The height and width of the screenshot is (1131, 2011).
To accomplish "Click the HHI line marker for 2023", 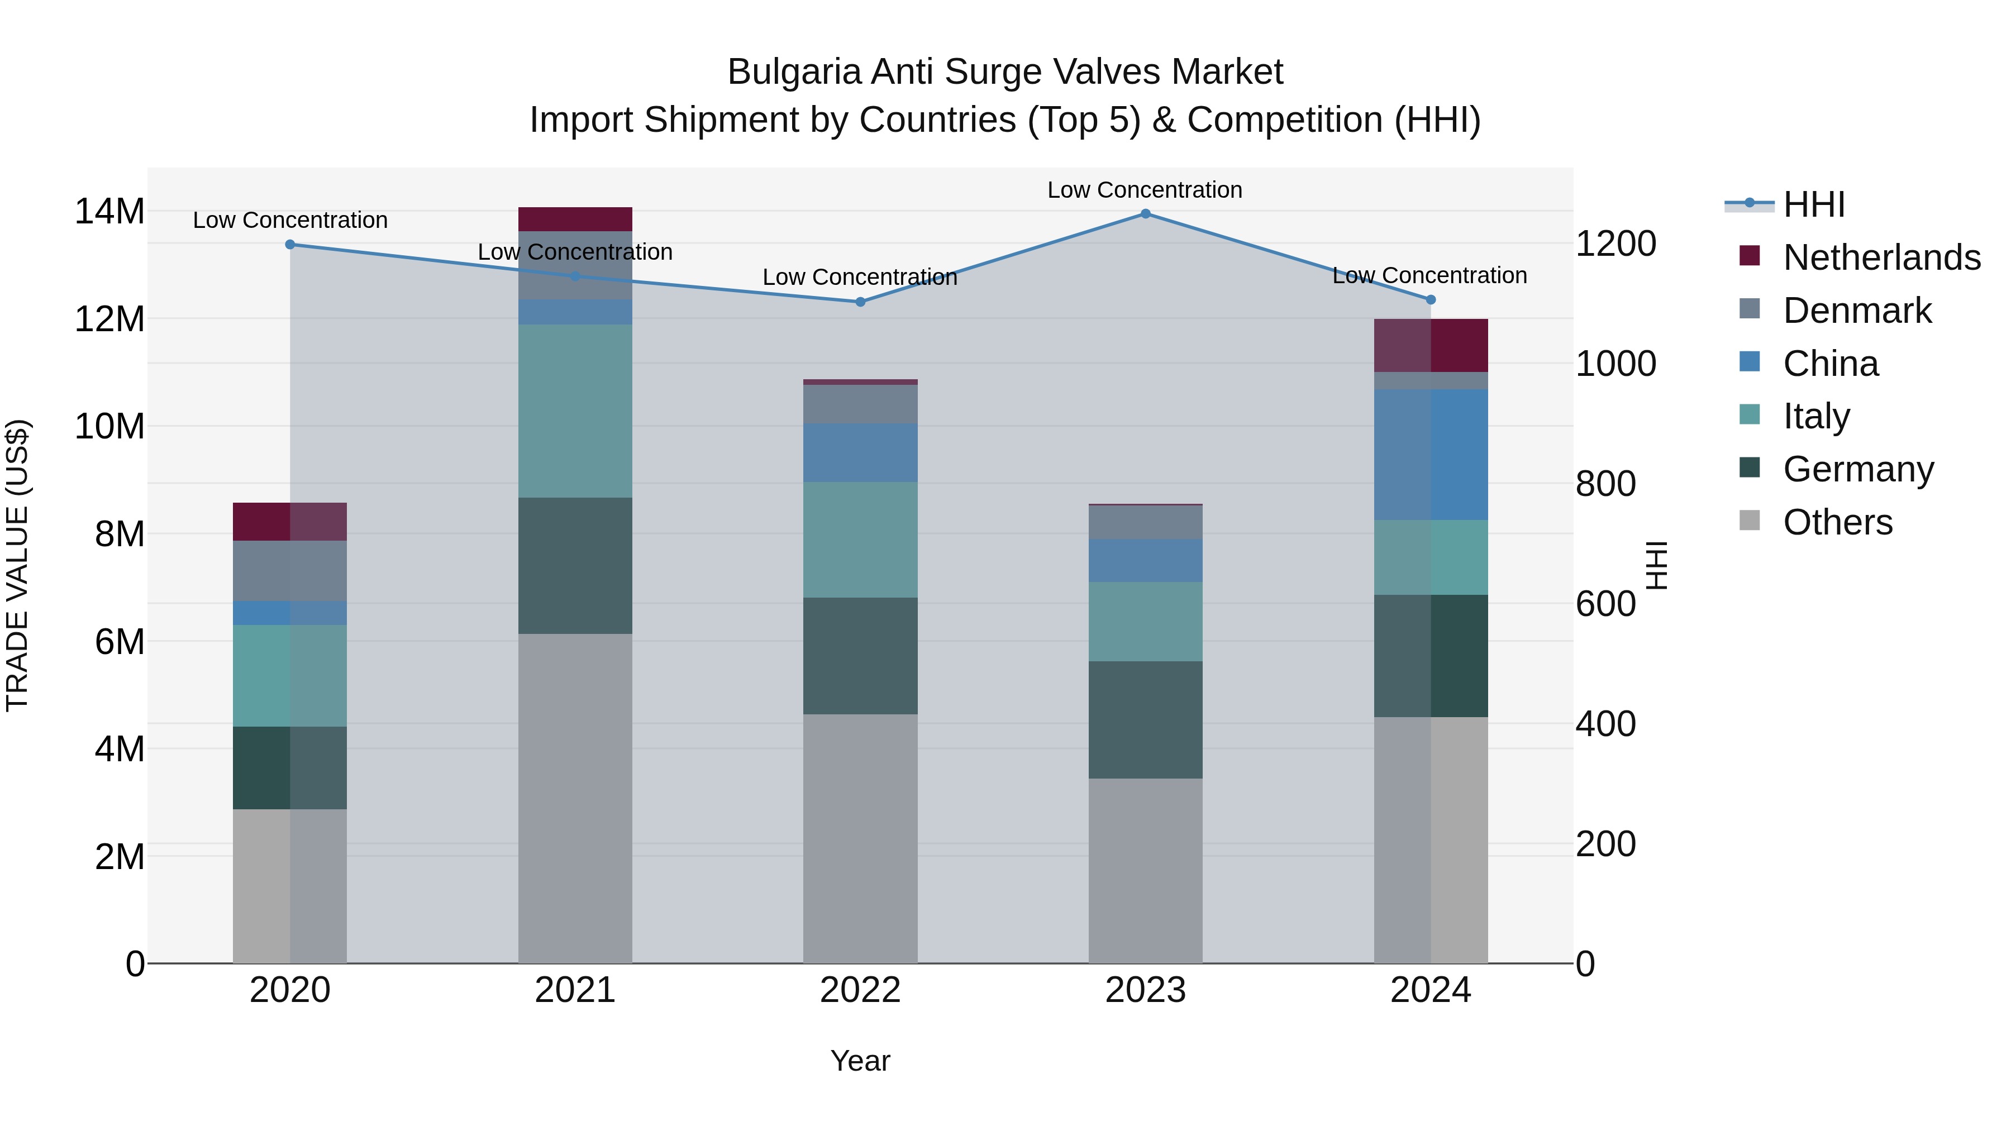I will point(1145,214).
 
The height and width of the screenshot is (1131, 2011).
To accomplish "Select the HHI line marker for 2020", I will point(290,244).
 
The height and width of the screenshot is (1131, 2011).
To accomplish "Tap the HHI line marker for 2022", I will point(860,302).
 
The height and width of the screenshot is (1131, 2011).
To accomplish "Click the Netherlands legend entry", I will point(1881,257).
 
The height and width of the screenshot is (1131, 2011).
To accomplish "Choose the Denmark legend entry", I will point(1856,311).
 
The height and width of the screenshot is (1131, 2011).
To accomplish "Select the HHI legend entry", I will point(1813,204).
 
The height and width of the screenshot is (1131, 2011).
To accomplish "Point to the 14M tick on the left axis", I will point(109,212).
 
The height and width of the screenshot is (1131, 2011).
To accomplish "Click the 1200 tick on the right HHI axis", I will point(1615,244).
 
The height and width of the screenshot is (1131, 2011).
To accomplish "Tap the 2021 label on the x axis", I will point(575,990).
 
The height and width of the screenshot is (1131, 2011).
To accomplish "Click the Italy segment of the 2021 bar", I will point(575,411).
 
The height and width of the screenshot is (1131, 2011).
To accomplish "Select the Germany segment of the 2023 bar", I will point(1145,720).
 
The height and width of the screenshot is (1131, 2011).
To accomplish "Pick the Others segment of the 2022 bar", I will point(860,838).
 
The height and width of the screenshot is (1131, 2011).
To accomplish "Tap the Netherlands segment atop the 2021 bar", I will point(575,219).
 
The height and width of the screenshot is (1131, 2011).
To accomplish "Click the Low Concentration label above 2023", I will point(1145,190).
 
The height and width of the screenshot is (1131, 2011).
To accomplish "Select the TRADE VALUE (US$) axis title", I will point(18,565).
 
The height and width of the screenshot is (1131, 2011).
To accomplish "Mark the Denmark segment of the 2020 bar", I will point(290,571).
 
